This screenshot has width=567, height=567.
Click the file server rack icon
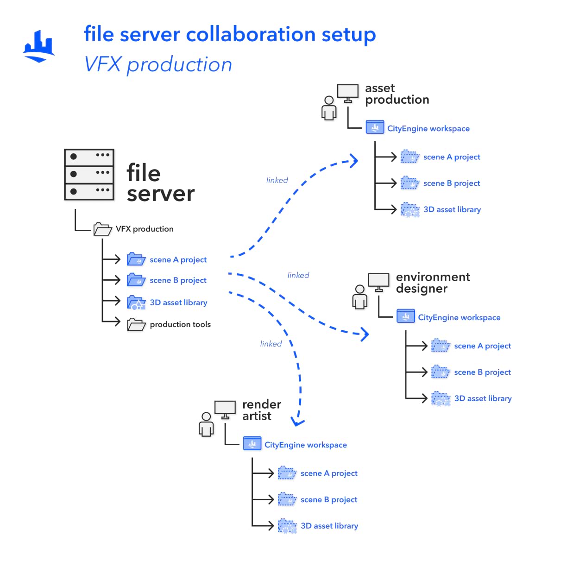click(89, 175)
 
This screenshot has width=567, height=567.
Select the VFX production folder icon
click(102, 229)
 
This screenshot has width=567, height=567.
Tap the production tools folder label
click(180, 324)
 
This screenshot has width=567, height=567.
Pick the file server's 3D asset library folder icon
click(136, 302)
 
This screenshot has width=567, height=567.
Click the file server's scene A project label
click(178, 260)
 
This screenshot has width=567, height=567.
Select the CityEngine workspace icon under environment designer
click(406, 317)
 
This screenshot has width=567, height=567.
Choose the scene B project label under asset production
click(452, 183)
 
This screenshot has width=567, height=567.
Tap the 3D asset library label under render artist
click(329, 526)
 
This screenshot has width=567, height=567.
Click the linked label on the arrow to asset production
click(277, 180)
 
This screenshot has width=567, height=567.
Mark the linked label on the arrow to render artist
click(271, 344)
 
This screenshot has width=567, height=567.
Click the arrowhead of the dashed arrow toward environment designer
click(365, 334)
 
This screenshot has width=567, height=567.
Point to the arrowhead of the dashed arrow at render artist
click(297, 422)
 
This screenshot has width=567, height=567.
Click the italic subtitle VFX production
click(158, 64)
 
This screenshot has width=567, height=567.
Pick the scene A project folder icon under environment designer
click(441, 346)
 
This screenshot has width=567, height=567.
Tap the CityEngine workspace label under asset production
click(428, 128)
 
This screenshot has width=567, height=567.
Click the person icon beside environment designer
click(359, 297)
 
